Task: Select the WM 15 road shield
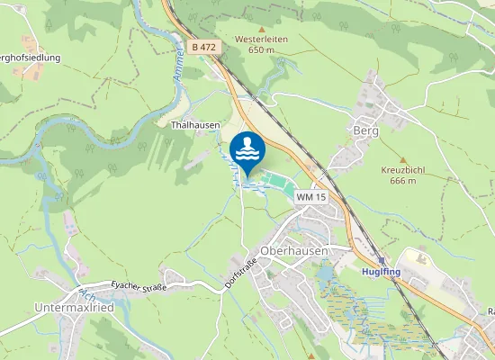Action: tap(310, 196)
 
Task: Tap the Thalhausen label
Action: tap(195, 126)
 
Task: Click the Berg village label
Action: tap(366, 131)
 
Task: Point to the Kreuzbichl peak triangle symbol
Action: tap(387, 157)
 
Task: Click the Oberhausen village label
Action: tap(292, 250)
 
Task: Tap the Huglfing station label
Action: tap(381, 271)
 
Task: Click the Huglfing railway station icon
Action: tap(382, 258)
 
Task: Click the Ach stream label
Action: tap(86, 295)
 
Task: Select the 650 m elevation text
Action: tap(261, 50)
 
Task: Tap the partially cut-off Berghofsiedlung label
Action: tap(29, 58)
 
